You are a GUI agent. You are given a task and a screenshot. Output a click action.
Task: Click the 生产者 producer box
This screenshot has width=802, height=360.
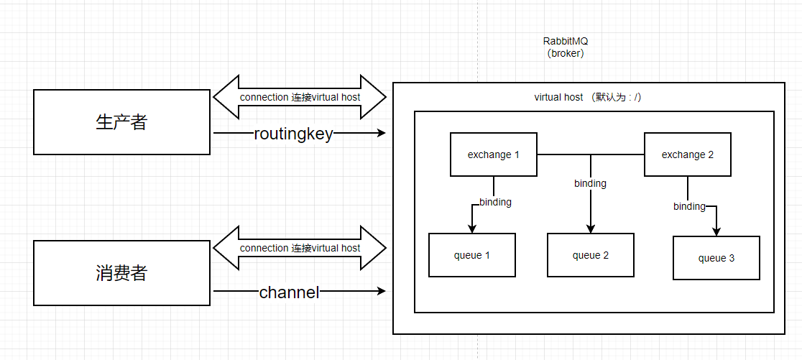[x=121, y=122]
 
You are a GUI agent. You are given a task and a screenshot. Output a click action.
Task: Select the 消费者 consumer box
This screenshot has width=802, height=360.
[x=121, y=273]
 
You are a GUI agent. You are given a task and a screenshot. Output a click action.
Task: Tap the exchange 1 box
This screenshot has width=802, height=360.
[x=493, y=154]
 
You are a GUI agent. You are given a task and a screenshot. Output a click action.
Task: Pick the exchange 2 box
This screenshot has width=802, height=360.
[x=687, y=154]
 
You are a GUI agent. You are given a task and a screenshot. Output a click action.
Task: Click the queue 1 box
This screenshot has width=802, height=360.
[x=471, y=255]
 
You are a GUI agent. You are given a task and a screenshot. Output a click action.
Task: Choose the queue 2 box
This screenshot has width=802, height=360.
[x=590, y=255]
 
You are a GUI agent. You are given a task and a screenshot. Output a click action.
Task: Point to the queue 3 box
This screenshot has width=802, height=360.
[x=716, y=258]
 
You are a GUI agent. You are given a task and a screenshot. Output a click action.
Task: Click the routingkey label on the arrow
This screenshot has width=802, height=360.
[x=293, y=134]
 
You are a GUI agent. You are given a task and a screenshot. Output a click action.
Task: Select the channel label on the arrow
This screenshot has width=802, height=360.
[x=289, y=292]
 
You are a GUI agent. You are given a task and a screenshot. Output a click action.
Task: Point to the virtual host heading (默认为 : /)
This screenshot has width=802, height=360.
[x=587, y=97]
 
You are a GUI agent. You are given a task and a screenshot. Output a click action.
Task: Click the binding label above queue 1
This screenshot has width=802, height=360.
[x=495, y=202]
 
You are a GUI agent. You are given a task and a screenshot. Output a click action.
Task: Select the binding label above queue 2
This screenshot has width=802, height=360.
[x=590, y=183]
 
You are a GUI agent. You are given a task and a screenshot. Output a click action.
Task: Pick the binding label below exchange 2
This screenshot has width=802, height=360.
[x=689, y=206]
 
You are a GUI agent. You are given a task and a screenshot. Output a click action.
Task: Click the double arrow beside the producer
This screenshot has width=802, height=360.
[x=300, y=97]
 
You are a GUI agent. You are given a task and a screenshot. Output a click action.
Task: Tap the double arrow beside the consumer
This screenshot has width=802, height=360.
[x=300, y=248]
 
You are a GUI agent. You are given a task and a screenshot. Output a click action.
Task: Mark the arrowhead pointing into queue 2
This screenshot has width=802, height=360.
[x=591, y=229]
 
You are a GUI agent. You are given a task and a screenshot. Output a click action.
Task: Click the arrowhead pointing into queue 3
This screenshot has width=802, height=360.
[x=716, y=232]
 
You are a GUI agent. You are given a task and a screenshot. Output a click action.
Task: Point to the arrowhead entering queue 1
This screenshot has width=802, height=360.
[x=472, y=229]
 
